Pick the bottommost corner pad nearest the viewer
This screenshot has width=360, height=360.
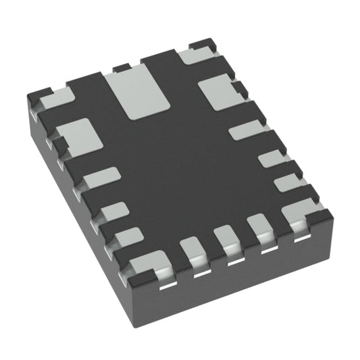[x=152, y=264]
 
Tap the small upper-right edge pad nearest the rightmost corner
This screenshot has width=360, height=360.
[x=288, y=184]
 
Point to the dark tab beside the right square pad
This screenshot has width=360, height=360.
[x=238, y=86]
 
